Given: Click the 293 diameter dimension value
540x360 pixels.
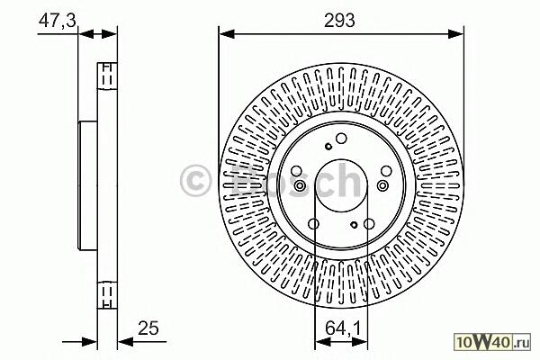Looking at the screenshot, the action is tap(339, 21).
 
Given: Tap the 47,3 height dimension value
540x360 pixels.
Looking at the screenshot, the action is tap(58, 21).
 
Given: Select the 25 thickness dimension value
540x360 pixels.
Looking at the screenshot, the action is tap(148, 328).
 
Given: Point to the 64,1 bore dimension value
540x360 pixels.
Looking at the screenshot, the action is tap(343, 328).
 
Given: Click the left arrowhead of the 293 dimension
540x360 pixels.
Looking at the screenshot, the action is tap(227, 34).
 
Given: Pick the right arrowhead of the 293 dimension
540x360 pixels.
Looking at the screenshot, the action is tap(456, 34).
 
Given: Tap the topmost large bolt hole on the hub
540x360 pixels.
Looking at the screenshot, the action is tap(341, 139).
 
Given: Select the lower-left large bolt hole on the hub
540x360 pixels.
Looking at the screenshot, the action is tap(313, 224).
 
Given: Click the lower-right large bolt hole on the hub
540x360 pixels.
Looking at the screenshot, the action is tap(369, 224).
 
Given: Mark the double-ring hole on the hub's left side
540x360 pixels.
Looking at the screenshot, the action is tap(300, 186).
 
